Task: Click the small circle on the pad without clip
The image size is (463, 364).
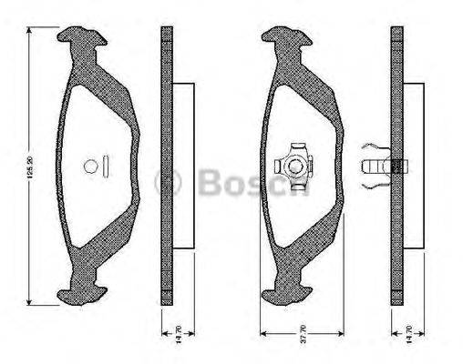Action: click(89, 167)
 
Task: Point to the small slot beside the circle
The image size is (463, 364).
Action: click(107, 167)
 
